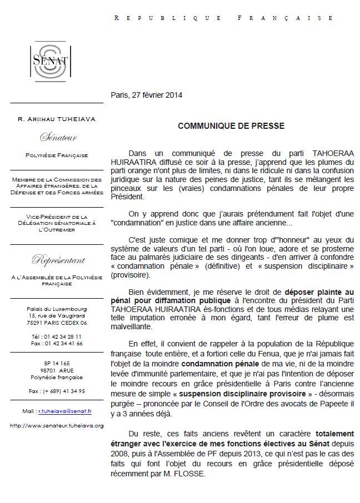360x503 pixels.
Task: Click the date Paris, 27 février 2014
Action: pos(147,95)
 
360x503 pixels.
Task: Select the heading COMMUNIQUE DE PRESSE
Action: pos(231,126)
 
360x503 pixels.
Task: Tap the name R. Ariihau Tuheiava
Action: pos(57,118)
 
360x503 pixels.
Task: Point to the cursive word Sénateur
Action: pos(57,137)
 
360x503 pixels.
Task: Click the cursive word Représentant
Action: pos(58,259)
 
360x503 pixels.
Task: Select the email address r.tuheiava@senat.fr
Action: pos(64,411)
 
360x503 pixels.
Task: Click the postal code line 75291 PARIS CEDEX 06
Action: pos(57,322)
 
